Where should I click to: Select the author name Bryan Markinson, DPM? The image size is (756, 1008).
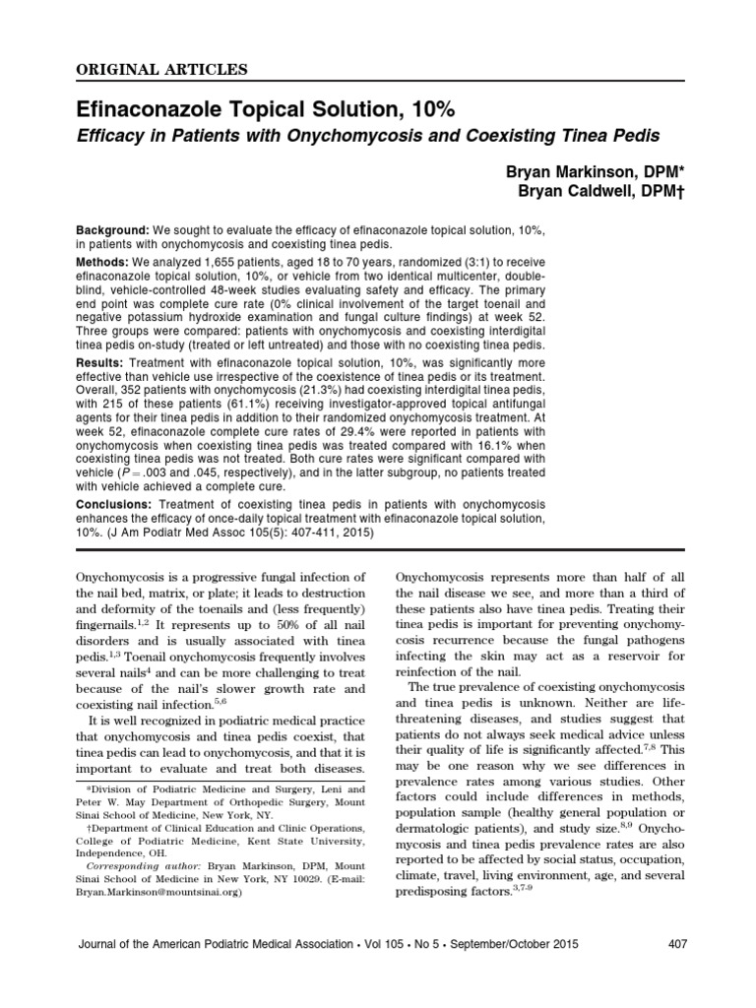(593, 171)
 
